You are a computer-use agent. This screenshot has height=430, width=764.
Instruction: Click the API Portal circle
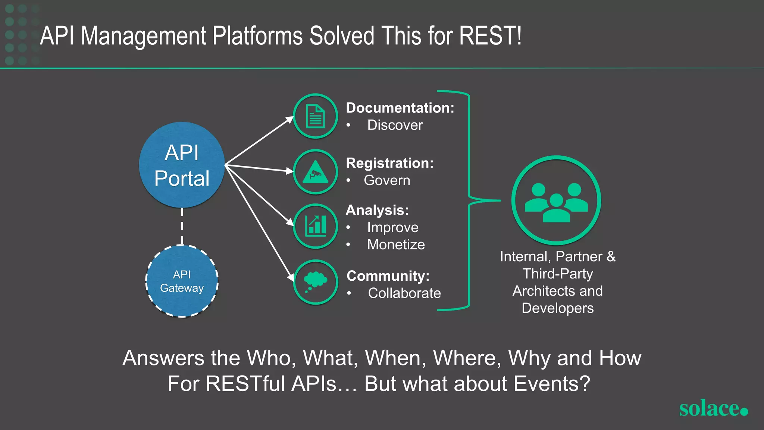(x=182, y=165)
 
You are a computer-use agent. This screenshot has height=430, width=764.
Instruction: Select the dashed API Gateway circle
(x=182, y=281)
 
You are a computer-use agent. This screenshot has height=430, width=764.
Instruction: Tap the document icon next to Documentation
(x=315, y=116)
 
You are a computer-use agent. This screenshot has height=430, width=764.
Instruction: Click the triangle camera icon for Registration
(x=315, y=172)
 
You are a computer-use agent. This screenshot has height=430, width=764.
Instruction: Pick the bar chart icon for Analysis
(x=315, y=226)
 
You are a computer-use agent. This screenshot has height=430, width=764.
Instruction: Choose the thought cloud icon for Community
(x=315, y=282)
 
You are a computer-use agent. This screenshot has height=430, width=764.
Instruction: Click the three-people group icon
(x=556, y=200)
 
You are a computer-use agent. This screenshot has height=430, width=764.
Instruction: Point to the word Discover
(x=395, y=125)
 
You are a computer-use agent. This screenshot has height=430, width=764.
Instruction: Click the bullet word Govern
(x=387, y=180)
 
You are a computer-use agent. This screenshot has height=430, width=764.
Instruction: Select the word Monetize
(x=396, y=244)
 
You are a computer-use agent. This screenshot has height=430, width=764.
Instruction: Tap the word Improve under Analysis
(x=392, y=227)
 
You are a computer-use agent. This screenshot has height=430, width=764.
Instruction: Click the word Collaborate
(x=404, y=293)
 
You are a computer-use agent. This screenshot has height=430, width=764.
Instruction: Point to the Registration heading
(x=389, y=163)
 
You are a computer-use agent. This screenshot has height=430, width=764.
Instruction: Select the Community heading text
(x=388, y=276)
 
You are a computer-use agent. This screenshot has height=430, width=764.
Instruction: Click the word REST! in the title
(x=490, y=36)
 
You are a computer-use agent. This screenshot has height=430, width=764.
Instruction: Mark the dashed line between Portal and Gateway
(x=182, y=226)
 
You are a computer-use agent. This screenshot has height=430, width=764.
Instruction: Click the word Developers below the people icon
(x=557, y=308)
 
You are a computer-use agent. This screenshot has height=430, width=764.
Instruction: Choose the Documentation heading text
(x=400, y=108)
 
